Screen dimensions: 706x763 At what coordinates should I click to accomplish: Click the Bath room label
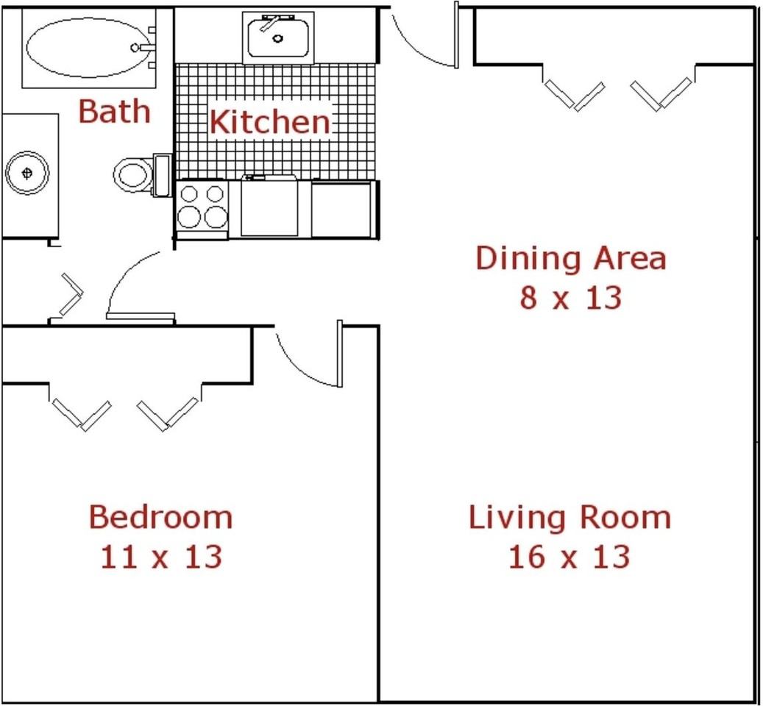coord(114,112)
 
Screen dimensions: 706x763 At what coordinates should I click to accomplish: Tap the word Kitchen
coord(269,122)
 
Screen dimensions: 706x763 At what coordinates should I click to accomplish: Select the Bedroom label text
coord(160,518)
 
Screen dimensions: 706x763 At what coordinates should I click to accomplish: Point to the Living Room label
coord(569,518)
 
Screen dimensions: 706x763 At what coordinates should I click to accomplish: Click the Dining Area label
coord(570,259)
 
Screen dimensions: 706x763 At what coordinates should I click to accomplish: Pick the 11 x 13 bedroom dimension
coord(160,557)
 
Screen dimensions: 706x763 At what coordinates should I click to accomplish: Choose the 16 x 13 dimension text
coord(569,557)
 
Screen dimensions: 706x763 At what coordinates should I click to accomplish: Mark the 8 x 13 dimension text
coord(570,298)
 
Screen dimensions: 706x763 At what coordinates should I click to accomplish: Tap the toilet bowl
coord(132,175)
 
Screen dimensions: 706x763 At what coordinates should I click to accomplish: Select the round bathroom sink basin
coord(28,174)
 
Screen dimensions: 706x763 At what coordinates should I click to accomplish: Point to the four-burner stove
coord(202,207)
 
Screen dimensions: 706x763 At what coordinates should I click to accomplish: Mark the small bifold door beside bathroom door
coord(70,294)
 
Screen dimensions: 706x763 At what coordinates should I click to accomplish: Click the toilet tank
coord(161,175)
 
